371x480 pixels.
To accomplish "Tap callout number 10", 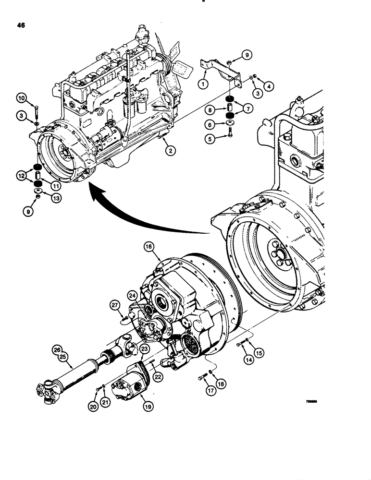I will [22, 97].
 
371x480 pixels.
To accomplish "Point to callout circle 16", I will [148, 247].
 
